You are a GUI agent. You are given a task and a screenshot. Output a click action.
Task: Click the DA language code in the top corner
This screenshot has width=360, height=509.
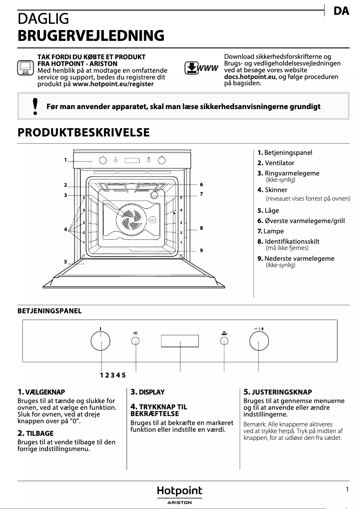point(342,12)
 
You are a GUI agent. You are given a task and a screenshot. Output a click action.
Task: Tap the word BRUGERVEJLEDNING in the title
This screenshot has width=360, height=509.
point(91,35)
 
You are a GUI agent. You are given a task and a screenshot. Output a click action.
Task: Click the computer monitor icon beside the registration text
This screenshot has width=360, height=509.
point(25,68)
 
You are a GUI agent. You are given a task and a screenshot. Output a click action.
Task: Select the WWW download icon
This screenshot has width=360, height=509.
point(201,68)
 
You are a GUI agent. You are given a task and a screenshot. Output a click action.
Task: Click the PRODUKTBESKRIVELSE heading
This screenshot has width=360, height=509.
point(83,133)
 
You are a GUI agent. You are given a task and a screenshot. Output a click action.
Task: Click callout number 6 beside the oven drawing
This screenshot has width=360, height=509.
point(202,184)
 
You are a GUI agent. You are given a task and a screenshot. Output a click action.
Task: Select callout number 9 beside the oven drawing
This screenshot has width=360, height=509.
point(202,250)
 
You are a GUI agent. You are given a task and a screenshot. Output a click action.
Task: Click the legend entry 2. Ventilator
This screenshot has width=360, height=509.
point(276,163)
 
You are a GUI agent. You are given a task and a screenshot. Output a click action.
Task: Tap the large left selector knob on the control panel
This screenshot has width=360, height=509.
point(101,342)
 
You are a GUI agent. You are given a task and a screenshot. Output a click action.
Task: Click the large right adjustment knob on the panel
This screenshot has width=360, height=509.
point(259,342)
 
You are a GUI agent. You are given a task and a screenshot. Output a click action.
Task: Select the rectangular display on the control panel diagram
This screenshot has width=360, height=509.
point(180,341)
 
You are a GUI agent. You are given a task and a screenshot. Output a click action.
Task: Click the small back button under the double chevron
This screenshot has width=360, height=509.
point(136,342)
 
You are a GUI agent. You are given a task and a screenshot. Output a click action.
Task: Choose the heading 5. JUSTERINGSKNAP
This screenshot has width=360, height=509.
point(277,392)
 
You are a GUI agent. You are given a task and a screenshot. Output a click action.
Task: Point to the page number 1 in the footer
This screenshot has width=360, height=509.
point(347,490)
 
